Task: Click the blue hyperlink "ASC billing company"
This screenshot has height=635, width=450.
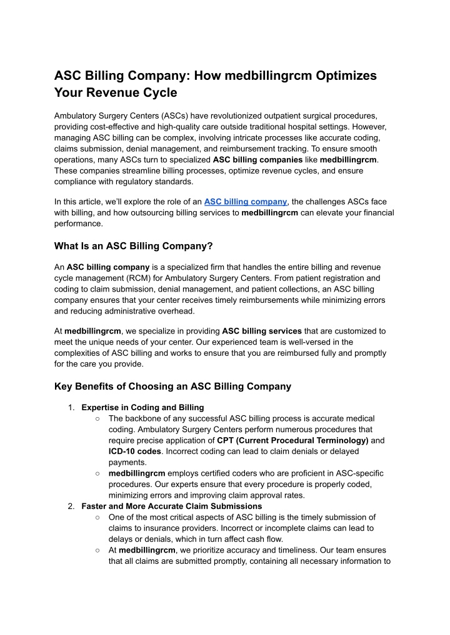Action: tap(245, 201)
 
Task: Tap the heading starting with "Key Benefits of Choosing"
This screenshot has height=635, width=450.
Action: tap(172, 386)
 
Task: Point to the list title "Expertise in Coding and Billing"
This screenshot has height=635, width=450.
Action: tap(142, 407)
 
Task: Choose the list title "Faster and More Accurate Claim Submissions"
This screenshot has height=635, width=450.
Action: tap(172, 506)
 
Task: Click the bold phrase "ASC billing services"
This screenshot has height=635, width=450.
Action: tap(262, 331)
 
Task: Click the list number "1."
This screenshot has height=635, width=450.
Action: tap(72, 407)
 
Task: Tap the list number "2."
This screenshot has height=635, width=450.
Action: tap(72, 506)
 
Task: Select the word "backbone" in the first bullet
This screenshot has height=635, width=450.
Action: tap(146, 418)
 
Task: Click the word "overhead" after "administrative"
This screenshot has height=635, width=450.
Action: tap(177, 310)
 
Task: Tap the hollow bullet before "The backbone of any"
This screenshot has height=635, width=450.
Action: tap(98, 418)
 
